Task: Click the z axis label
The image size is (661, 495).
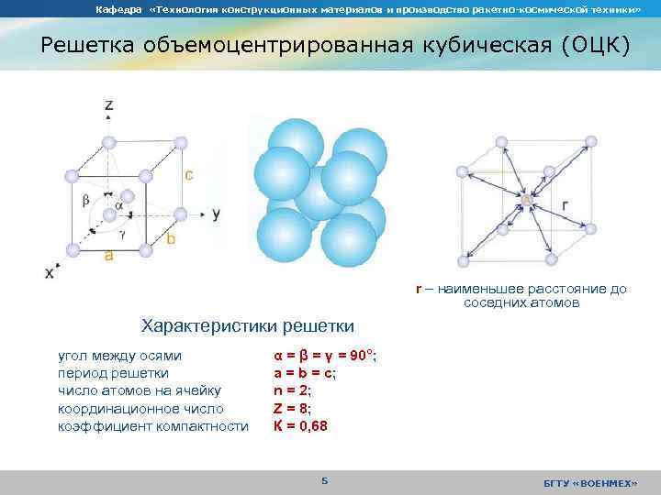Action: (x=109, y=105)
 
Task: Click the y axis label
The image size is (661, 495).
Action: (x=216, y=213)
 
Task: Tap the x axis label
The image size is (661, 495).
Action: (x=50, y=273)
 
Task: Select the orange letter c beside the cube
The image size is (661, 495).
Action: (x=188, y=174)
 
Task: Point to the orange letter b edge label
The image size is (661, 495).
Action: (x=171, y=238)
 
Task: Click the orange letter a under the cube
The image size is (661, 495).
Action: (x=108, y=258)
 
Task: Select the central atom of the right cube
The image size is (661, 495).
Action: (x=527, y=199)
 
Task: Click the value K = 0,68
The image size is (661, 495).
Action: (x=300, y=426)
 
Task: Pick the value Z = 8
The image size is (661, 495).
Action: (x=293, y=409)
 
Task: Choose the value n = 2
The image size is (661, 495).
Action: (x=292, y=391)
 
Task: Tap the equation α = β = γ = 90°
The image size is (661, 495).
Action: (x=325, y=356)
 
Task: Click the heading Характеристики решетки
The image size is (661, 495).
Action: (x=246, y=325)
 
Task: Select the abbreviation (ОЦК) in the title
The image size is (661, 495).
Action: (x=584, y=46)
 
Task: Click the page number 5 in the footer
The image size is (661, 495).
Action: (x=324, y=481)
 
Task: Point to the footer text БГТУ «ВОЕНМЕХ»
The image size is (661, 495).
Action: (x=590, y=483)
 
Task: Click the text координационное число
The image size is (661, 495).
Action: (x=140, y=409)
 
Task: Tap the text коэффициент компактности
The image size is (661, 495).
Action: (x=152, y=426)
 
